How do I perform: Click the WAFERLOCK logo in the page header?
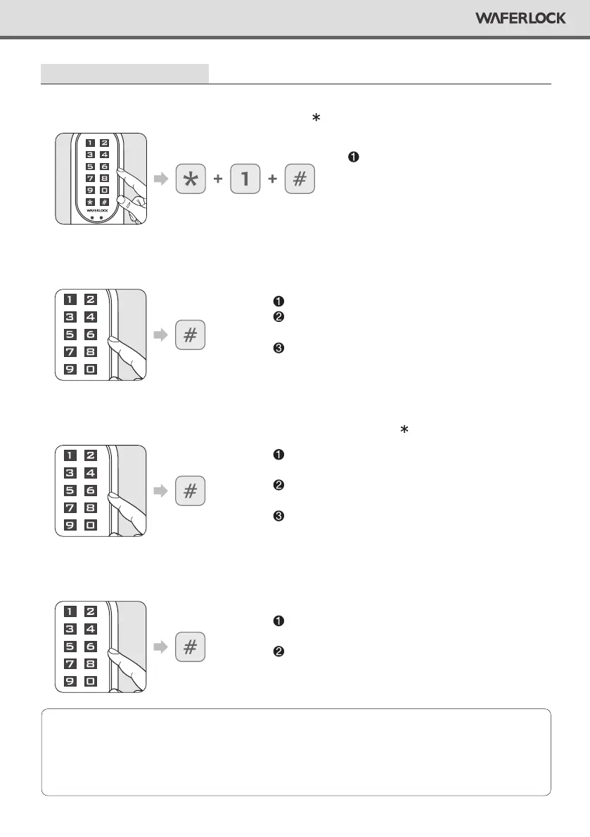(520, 18)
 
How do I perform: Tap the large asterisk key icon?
(189, 179)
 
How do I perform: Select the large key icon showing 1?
(245, 179)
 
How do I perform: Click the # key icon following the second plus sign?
(300, 179)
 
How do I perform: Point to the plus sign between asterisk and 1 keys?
(217, 179)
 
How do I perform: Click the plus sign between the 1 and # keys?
(272, 179)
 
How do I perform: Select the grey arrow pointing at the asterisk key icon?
(162, 179)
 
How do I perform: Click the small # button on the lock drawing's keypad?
(104, 202)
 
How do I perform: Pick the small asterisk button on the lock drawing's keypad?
(90, 202)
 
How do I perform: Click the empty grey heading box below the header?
(125, 73)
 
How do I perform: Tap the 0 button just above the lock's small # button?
(104, 190)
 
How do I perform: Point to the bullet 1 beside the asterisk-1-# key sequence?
(353, 156)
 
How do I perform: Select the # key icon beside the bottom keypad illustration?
(189, 647)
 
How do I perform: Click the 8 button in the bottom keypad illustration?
(91, 664)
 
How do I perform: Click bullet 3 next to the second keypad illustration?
(278, 349)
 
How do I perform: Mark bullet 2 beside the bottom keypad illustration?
(278, 651)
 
